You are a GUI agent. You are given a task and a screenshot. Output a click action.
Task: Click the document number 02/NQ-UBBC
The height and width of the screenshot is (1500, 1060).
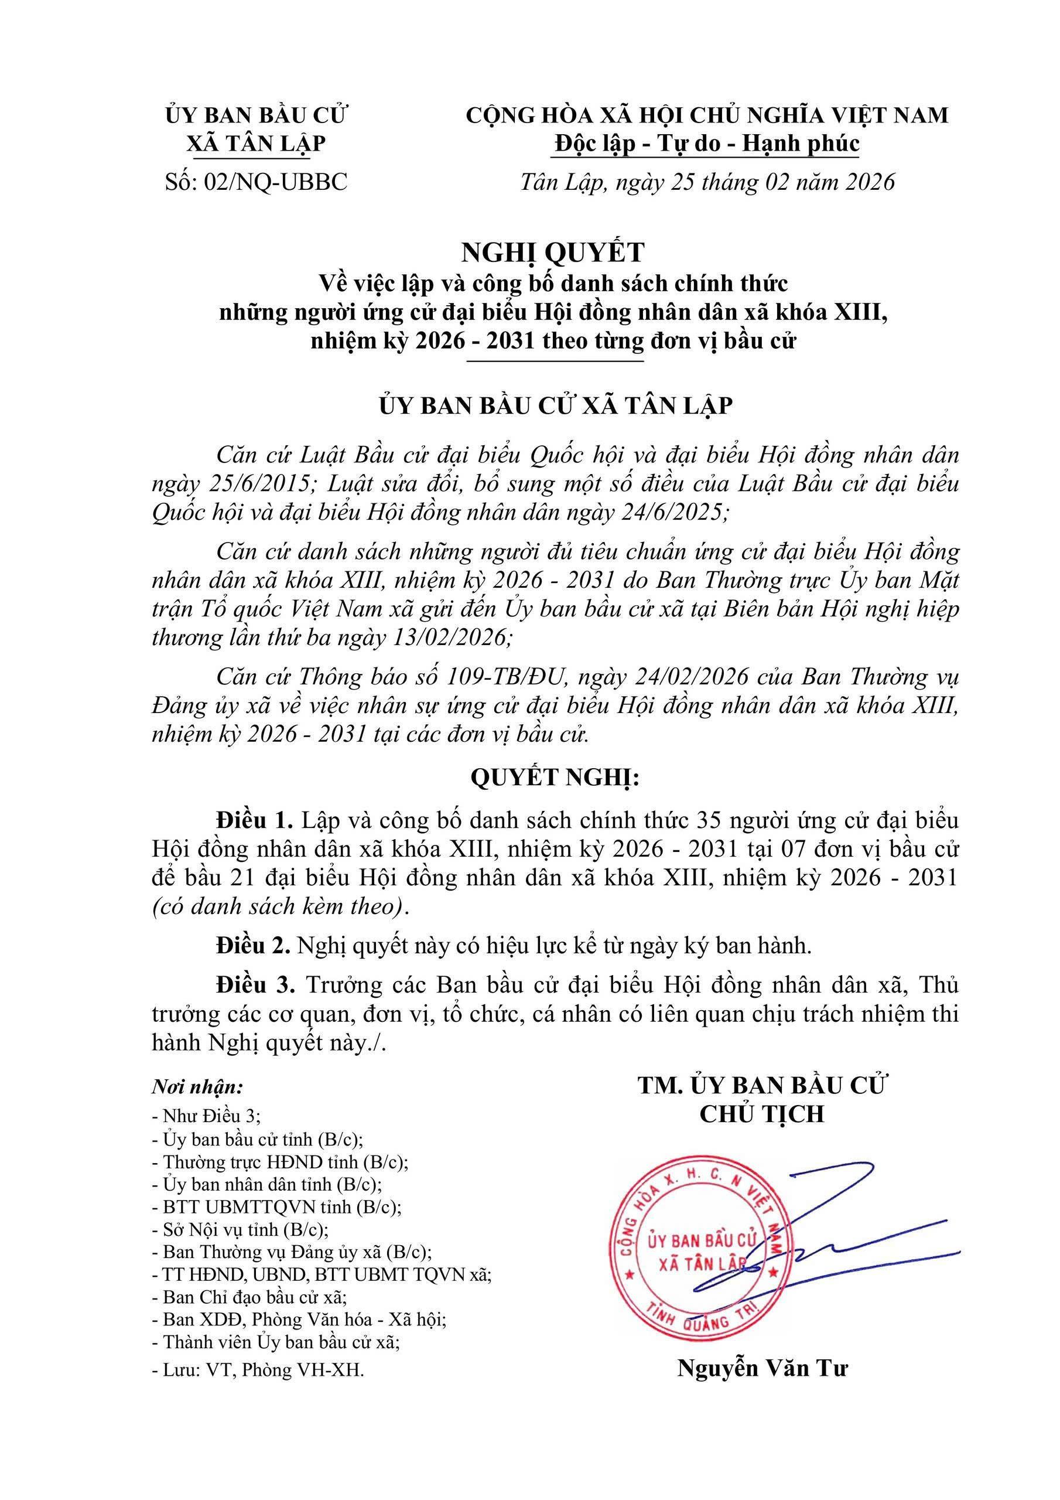[x=276, y=182]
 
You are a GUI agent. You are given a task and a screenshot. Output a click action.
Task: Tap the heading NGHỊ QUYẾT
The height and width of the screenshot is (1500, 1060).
[x=552, y=251]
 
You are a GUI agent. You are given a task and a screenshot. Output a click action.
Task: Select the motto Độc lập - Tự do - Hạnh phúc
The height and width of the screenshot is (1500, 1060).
[x=707, y=144]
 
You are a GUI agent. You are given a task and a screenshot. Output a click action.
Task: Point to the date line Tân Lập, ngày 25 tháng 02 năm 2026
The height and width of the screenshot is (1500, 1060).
[x=707, y=182]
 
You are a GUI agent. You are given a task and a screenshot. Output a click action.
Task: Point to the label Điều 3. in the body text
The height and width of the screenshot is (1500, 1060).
[x=257, y=984]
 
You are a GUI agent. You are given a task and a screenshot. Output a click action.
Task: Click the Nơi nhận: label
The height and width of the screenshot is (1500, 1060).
[x=198, y=1087]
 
